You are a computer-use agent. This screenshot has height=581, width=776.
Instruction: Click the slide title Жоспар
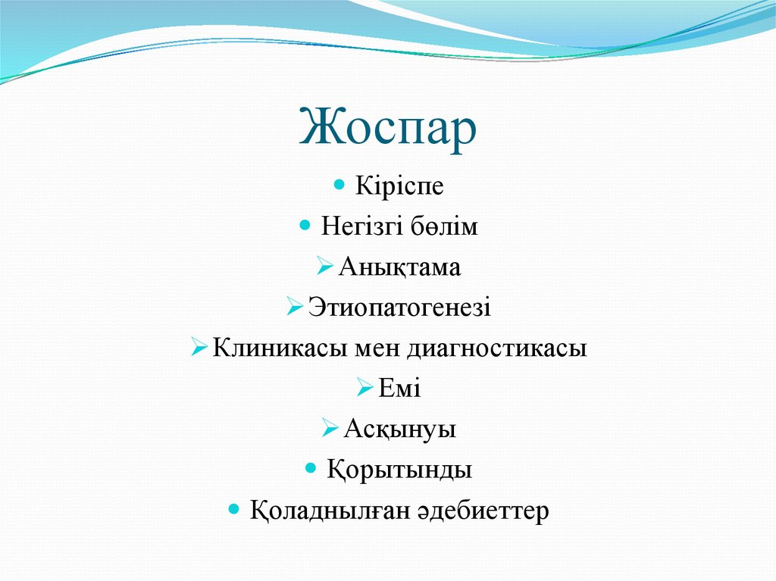388,127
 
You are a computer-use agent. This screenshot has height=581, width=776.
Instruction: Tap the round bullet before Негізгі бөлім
305,225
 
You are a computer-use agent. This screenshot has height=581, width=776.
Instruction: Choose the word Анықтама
399,267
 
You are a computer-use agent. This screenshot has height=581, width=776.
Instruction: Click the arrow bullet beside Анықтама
324,267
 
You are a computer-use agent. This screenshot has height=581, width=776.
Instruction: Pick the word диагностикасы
497,349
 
